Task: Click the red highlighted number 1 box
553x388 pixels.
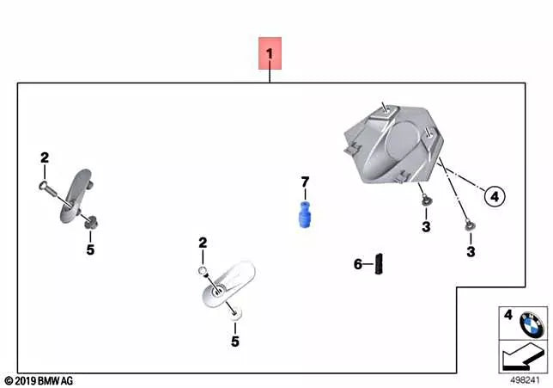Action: (x=270, y=57)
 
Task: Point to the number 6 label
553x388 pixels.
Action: (x=358, y=263)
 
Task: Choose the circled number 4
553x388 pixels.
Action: (x=494, y=197)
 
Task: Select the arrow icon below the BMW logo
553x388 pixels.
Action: (x=520, y=354)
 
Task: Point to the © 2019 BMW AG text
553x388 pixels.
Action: (x=39, y=379)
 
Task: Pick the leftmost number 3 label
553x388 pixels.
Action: (x=425, y=226)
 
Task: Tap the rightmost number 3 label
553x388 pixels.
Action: (x=471, y=251)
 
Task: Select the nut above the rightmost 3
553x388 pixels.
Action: (x=469, y=225)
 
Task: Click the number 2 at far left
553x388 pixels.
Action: (x=45, y=157)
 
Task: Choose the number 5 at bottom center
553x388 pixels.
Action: (x=234, y=341)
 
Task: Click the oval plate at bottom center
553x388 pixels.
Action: (x=223, y=283)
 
